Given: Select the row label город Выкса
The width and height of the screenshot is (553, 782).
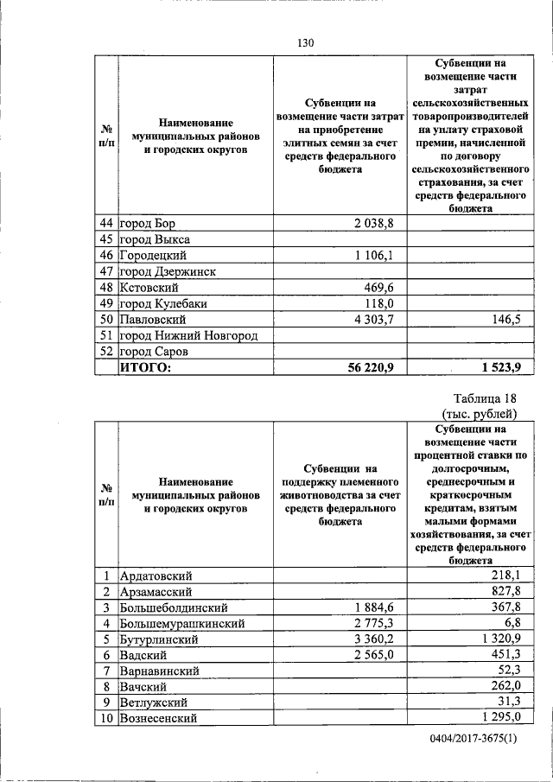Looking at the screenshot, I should click(156, 239).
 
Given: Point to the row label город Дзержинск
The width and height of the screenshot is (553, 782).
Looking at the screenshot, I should click(168, 271).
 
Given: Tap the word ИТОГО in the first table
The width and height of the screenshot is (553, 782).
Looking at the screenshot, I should click(146, 368).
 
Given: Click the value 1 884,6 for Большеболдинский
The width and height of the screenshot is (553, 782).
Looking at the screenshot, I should click(372, 607).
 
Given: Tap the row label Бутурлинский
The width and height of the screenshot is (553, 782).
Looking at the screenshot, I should click(160, 639).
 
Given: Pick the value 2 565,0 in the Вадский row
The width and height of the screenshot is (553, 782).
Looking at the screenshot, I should click(372, 655).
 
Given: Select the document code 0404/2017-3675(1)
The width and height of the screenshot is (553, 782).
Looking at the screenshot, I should click(476, 741).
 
